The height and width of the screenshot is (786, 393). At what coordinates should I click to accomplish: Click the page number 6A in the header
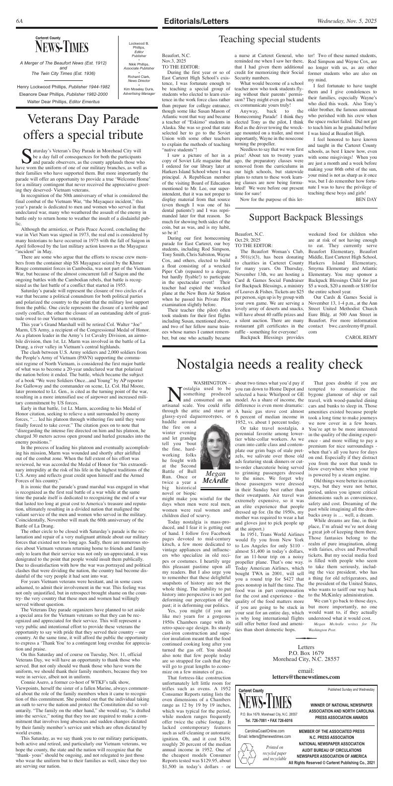[20, 21]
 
